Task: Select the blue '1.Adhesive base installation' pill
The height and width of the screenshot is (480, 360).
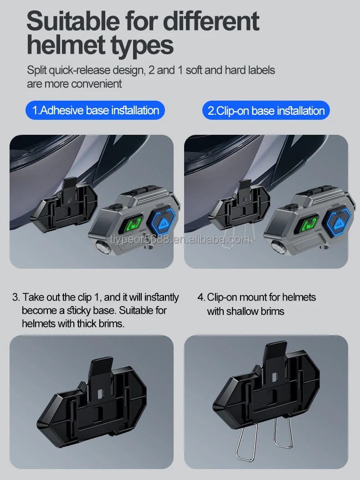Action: pos(95,110)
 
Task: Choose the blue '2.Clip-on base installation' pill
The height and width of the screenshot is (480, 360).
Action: pos(266,111)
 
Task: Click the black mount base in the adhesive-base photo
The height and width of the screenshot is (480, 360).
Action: pos(63,205)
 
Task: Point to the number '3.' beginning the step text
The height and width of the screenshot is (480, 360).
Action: pos(16,298)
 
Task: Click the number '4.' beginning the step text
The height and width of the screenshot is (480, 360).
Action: pos(201,297)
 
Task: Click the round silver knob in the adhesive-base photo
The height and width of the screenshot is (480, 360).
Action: pos(101,248)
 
